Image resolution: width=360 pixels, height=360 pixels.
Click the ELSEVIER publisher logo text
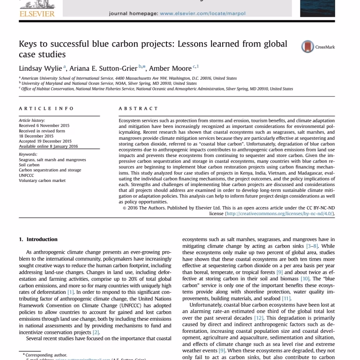click(x=37, y=14)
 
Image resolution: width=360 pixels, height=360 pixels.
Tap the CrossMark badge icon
click(x=307, y=46)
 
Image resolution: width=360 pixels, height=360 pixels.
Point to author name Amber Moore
click(x=170, y=68)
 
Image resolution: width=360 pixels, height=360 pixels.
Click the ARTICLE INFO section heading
click(x=46, y=108)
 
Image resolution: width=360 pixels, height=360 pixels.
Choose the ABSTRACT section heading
click(x=138, y=108)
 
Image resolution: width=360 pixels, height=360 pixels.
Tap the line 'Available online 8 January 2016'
click(x=48, y=146)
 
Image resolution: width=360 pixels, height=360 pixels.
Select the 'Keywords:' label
click(x=28, y=154)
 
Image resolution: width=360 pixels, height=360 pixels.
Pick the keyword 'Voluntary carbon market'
click(x=42, y=180)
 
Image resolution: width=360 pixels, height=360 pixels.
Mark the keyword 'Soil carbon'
click(x=29, y=165)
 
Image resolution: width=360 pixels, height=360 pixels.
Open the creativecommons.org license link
click(x=279, y=213)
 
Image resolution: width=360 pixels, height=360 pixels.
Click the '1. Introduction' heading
click(x=38, y=240)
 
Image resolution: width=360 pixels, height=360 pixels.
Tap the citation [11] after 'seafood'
click(x=286, y=298)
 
